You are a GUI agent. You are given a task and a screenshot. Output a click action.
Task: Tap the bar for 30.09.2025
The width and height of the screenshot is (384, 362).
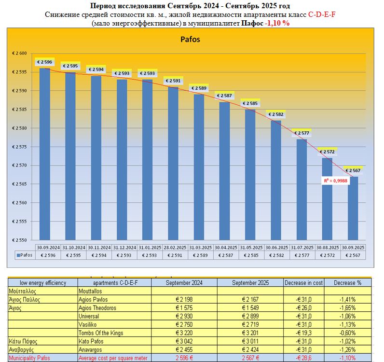click(353, 208)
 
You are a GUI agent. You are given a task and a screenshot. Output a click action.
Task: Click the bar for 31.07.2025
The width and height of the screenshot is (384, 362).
click(302, 189)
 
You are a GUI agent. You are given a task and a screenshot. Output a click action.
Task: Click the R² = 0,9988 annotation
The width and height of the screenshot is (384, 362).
click(336, 181)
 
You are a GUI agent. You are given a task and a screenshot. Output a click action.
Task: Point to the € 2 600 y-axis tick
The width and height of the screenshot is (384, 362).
click(22, 53)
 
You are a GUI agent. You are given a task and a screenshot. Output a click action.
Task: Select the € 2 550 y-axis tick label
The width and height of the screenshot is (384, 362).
click(22, 240)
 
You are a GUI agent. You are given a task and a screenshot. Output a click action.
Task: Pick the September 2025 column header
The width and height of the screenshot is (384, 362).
click(250, 283)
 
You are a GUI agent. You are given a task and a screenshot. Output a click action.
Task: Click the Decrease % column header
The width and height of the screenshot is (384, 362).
click(347, 283)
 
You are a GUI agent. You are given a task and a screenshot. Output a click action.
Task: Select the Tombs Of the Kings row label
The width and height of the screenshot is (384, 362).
click(100, 333)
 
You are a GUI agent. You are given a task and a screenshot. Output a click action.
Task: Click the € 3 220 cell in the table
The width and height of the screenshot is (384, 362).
click(184, 333)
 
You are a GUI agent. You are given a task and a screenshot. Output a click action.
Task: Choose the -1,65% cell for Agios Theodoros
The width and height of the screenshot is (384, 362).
click(347, 308)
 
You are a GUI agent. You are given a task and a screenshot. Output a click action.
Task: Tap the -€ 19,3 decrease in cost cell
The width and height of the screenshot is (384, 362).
click(303, 333)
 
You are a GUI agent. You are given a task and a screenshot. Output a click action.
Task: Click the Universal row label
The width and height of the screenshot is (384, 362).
click(89, 316)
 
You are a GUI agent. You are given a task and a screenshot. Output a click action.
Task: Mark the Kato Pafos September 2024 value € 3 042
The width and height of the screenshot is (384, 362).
click(184, 341)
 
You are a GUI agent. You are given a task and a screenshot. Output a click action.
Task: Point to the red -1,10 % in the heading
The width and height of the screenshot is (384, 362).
click(277, 23)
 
